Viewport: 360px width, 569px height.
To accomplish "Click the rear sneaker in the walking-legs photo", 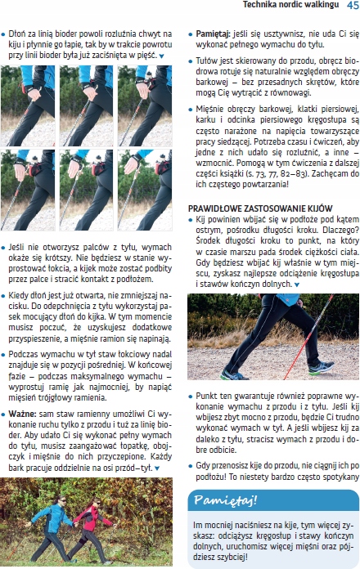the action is click(236, 374).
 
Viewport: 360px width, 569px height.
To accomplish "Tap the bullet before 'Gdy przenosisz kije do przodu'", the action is click(191, 441).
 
